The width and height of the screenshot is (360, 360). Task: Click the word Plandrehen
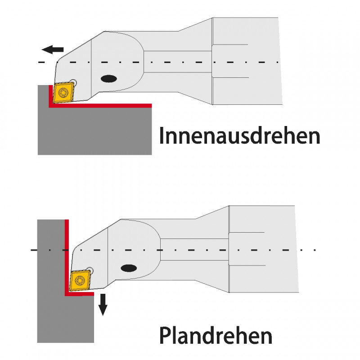pos(216,335)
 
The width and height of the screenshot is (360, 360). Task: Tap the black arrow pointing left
pos(52,49)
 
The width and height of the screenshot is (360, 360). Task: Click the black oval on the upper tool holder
pos(108,79)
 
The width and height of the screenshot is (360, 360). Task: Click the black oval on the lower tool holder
pos(129,268)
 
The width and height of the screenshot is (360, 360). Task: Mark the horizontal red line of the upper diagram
pos(103,106)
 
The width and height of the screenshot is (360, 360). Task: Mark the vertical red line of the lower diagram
pos(67,256)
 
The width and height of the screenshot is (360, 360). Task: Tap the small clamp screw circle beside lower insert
pos(92,271)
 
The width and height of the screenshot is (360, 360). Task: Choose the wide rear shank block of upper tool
pos(247,61)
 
